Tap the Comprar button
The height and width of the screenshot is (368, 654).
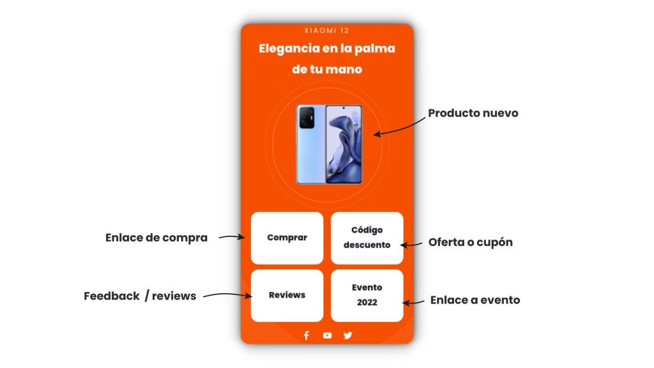[x=287, y=238]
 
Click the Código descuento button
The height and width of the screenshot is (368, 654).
[x=367, y=238]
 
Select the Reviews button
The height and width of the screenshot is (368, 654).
[x=287, y=295]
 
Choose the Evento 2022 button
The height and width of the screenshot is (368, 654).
[x=367, y=295]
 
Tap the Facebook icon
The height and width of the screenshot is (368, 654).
[x=307, y=335]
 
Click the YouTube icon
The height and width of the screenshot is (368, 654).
[x=328, y=335]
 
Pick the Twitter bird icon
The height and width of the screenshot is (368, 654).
[x=348, y=335]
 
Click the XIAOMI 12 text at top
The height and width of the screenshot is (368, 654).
[x=326, y=31]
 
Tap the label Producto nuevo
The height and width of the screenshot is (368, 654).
[x=473, y=113]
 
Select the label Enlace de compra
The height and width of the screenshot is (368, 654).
[x=156, y=238]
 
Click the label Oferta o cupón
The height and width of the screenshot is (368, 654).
[x=471, y=242]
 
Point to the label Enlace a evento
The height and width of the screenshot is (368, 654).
[x=475, y=300]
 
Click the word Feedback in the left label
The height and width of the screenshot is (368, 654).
[x=111, y=296]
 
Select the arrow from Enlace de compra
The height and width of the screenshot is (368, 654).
[x=232, y=237]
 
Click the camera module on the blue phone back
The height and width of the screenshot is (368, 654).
[x=307, y=118]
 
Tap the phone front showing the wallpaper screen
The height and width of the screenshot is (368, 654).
[x=344, y=144]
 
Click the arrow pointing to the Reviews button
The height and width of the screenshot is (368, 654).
[x=228, y=295]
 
